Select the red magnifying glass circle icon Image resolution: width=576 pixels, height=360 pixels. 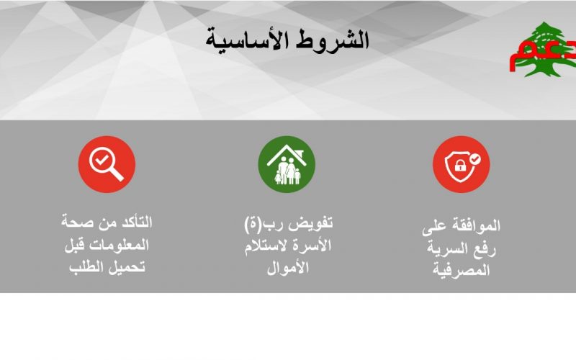(107, 164)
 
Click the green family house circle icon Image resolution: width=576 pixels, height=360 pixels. (287, 164)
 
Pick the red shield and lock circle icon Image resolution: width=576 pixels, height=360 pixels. (461, 164)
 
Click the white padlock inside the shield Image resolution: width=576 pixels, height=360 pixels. (460, 165)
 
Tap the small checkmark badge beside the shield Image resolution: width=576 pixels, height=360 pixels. (475, 159)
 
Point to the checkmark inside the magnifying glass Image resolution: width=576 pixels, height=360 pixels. (102, 160)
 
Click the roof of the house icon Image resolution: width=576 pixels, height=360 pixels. (287, 155)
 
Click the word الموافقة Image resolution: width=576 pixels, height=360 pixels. (477, 225)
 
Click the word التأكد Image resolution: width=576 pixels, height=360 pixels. (134, 222)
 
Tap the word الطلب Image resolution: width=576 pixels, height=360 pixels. (86, 267)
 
